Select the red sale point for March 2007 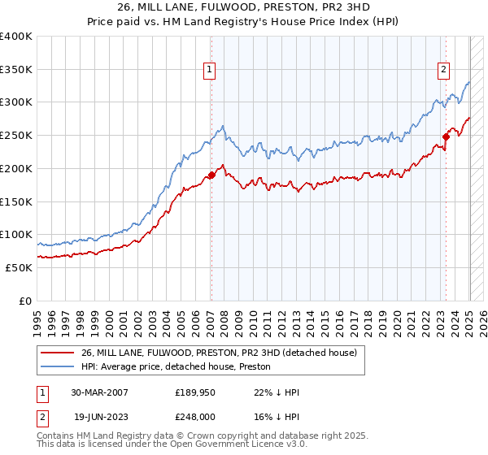point(211,175)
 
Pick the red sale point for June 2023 point(447,136)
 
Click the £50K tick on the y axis point(20,267)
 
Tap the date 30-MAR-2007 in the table point(99,392)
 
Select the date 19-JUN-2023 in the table point(99,415)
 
